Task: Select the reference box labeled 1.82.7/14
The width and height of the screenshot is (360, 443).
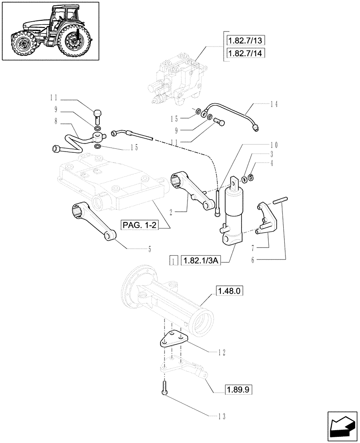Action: click(244, 53)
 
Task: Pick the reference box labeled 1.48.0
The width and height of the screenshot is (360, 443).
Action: click(230, 291)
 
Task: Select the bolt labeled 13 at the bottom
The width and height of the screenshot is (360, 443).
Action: click(164, 388)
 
